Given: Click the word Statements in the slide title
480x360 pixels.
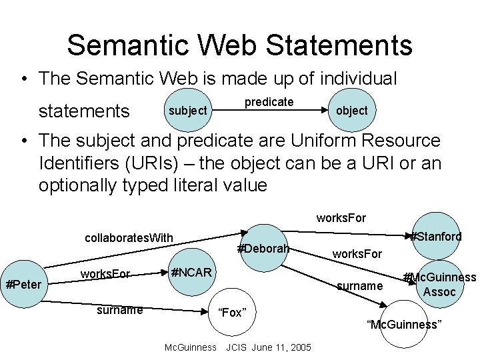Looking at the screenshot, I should (337, 46).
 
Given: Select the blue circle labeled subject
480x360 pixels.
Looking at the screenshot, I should (187, 110).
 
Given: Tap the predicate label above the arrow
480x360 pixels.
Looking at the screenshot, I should (269, 102).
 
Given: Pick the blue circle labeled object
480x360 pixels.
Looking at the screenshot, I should (351, 110).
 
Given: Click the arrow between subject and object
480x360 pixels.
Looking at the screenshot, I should (269, 111).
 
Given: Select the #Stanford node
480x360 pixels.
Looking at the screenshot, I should (437, 236).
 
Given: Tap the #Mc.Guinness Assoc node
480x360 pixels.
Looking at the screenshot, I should (439, 285).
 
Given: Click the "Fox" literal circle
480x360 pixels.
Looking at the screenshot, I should (233, 313).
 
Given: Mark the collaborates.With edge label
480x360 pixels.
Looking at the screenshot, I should (129, 238).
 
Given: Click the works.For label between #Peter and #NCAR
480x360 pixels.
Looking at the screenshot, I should (105, 273).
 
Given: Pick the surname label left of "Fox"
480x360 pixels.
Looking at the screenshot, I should (119, 309).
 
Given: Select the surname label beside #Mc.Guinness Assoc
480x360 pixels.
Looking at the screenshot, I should (360, 285).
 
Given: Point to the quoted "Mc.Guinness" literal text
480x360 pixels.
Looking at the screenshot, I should (404, 325).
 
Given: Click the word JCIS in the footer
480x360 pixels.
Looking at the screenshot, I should (238, 347).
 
